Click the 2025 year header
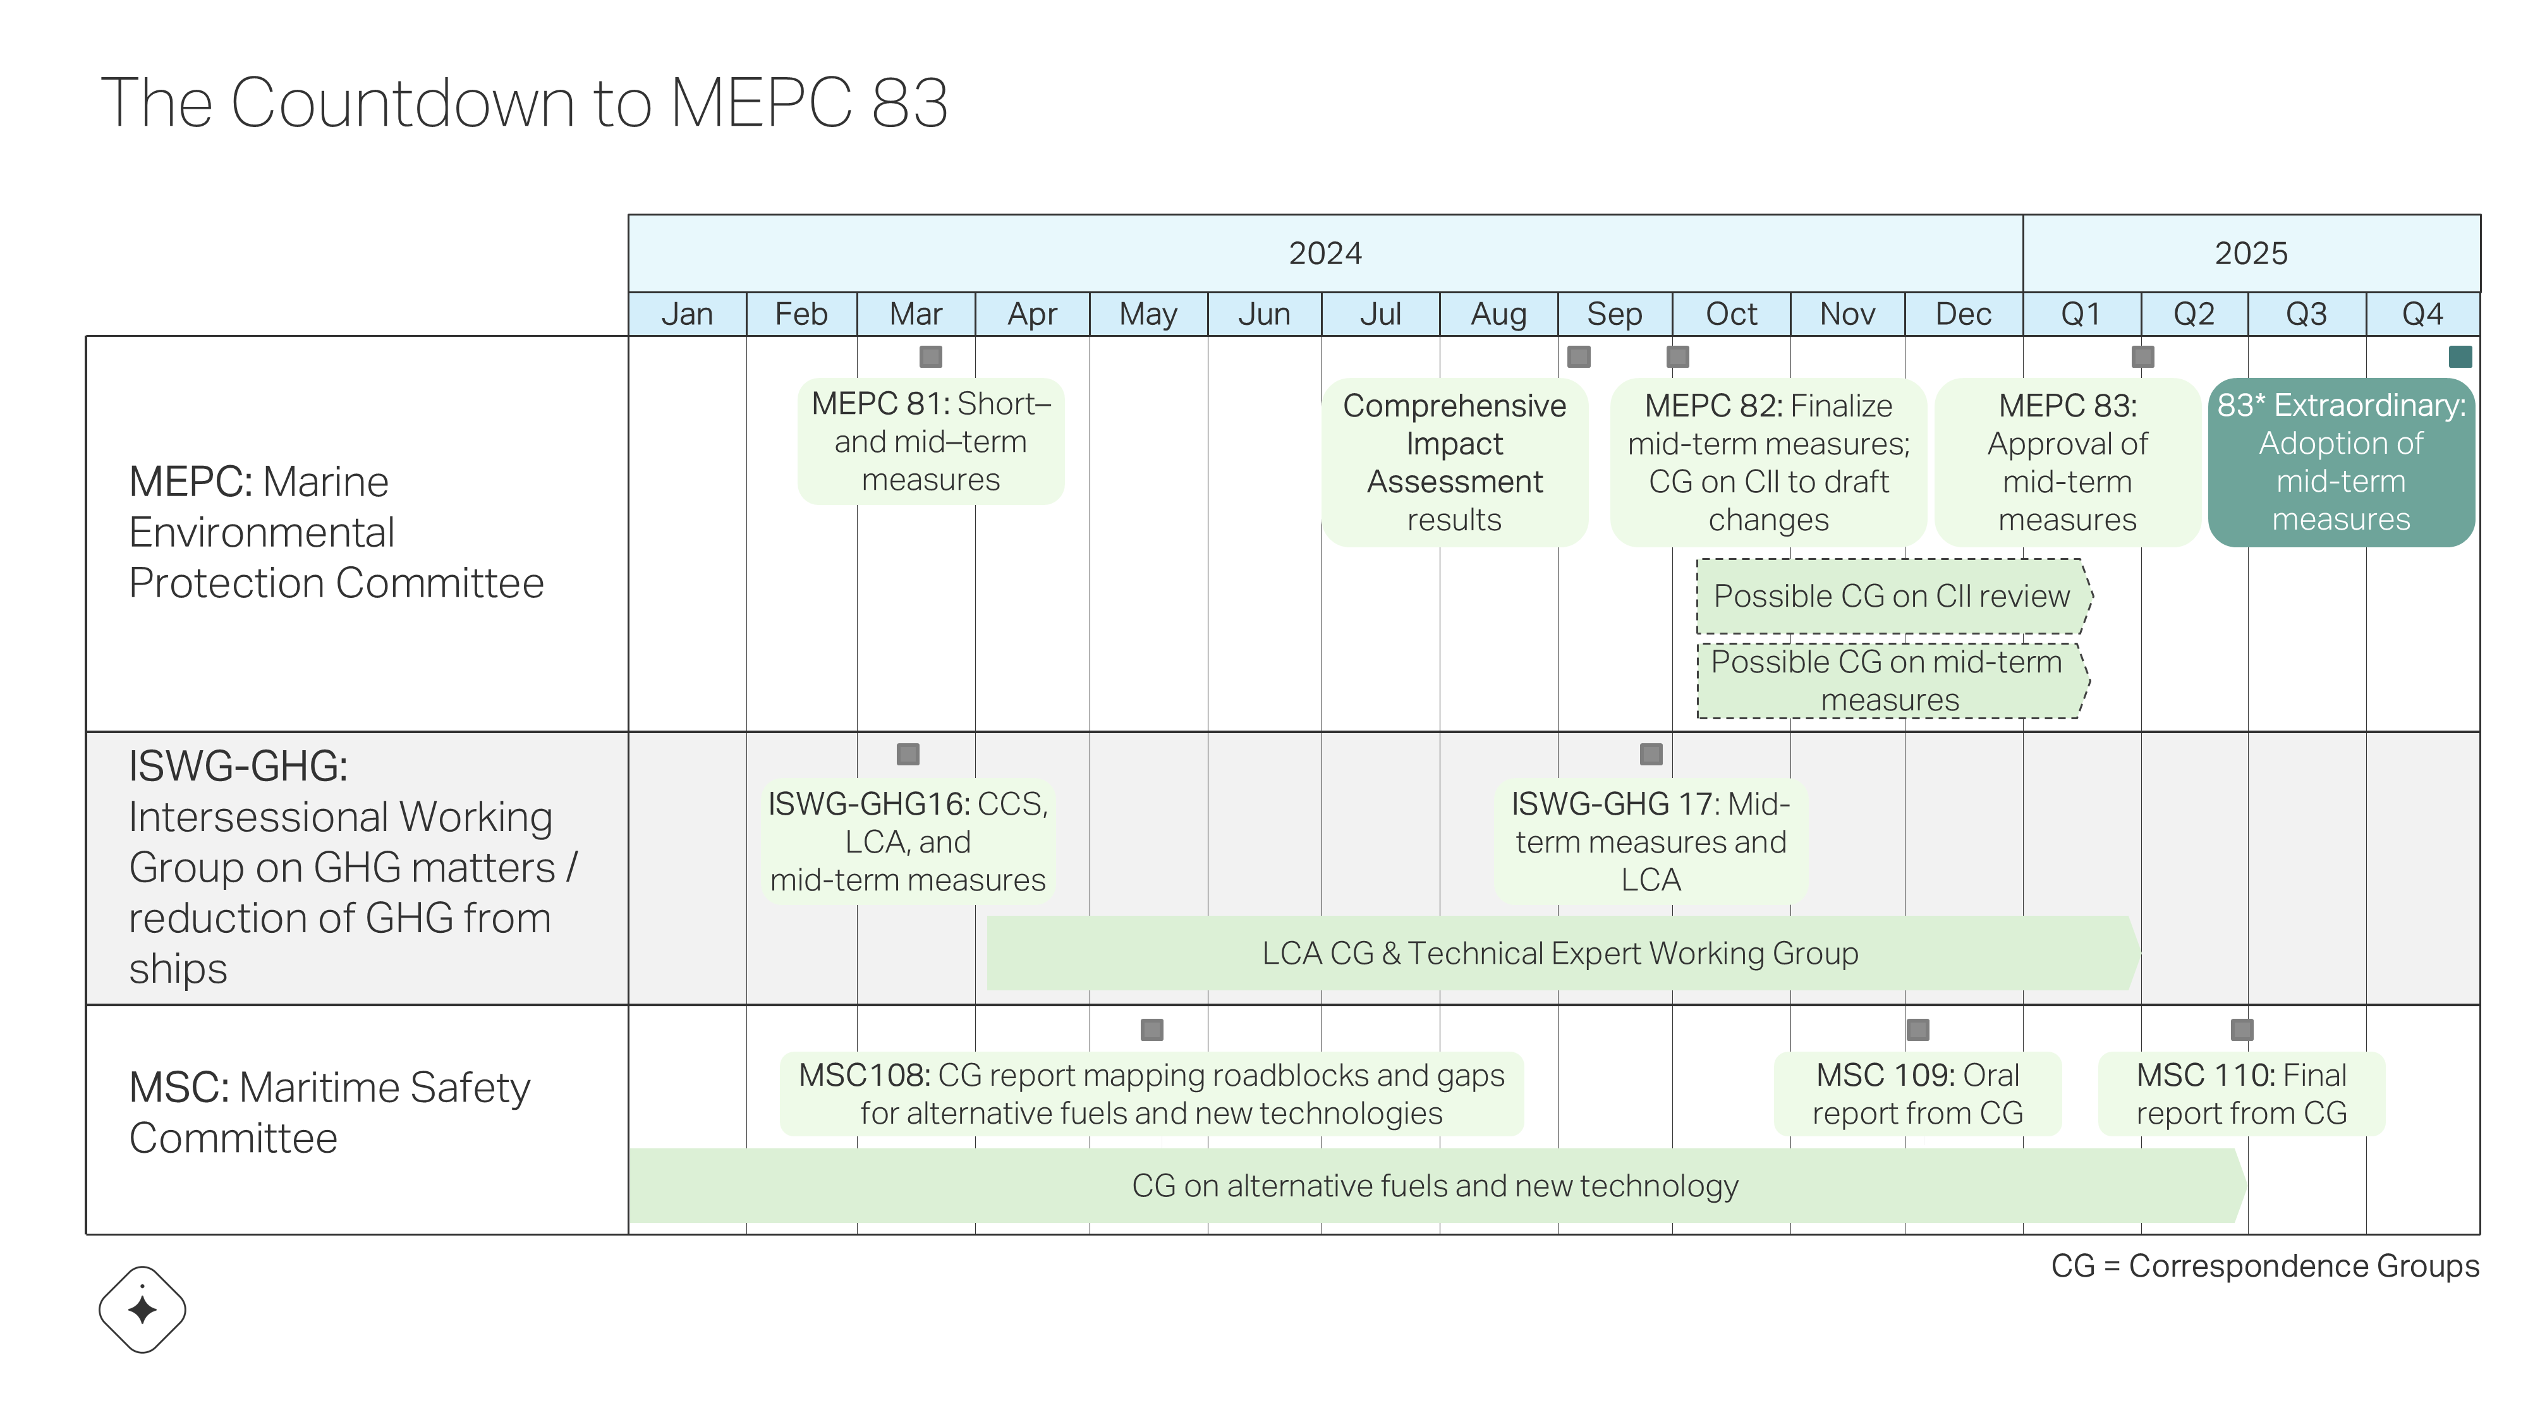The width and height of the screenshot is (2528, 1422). click(2251, 253)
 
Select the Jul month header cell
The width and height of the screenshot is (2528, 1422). click(1381, 314)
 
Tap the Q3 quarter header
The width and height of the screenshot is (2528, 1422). click(2306, 314)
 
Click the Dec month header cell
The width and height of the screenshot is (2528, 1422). click(1964, 314)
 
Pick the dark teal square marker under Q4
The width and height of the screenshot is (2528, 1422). click(2460, 356)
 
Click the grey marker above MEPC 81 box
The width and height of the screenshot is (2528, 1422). click(930, 356)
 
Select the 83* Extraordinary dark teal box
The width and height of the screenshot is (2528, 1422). click(2342, 462)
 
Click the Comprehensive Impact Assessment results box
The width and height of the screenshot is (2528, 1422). click(1454, 462)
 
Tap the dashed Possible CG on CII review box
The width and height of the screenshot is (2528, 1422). click(1895, 596)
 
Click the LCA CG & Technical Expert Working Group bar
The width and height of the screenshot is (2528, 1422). click(1564, 953)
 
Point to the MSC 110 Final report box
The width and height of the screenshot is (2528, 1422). click(2242, 1094)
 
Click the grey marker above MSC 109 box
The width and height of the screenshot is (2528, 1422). click(1917, 1030)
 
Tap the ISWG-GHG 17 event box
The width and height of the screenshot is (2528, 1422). click(1651, 842)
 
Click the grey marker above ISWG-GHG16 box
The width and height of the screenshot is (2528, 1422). click(908, 754)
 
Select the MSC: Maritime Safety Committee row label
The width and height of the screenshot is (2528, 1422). click(330, 1113)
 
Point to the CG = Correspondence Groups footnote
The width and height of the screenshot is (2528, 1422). click(2265, 1266)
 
